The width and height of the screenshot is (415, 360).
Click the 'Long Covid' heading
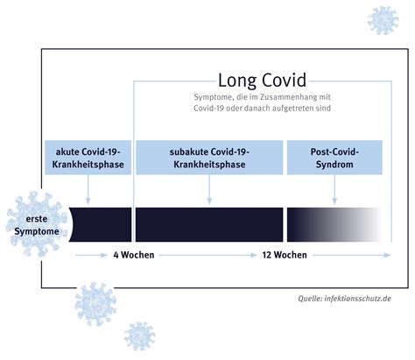(x=262, y=80)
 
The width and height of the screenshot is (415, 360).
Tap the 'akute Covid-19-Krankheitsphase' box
(x=88, y=158)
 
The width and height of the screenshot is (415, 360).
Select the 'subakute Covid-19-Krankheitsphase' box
(x=209, y=158)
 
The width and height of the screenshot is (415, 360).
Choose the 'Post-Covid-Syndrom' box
(x=334, y=158)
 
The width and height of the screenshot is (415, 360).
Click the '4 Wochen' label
(x=134, y=255)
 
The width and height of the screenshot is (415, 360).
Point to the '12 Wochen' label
(x=285, y=255)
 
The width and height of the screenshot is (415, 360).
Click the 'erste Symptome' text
(x=37, y=225)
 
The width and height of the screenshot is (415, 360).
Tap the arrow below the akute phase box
(x=88, y=189)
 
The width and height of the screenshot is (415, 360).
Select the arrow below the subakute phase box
(x=209, y=189)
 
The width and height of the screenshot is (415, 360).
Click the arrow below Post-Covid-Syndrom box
(x=334, y=189)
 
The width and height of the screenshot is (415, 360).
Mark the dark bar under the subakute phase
(x=209, y=224)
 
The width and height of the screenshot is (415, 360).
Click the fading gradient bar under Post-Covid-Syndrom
(x=334, y=224)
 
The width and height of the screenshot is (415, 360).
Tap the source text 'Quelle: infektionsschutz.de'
(x=344, y=299)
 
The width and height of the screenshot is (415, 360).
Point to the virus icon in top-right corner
(x=383, y=20)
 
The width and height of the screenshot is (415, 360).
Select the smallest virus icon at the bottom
(x=139, y=336)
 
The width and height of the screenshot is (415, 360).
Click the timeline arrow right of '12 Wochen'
(x=352, y=255)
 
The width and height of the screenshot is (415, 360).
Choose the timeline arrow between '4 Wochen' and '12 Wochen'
(x=207, y=255)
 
